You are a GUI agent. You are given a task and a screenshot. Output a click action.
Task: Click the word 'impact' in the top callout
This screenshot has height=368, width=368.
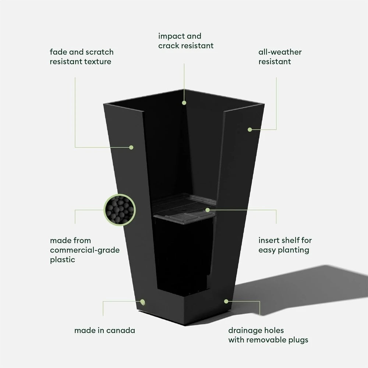coord(171,36)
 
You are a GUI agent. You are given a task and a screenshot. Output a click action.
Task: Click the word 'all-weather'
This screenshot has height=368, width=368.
coord(280,52)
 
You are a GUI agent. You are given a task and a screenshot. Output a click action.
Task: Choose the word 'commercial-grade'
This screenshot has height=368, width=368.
coord(85,250)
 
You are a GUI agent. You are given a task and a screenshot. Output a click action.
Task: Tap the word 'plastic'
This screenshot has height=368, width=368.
coord(63,260)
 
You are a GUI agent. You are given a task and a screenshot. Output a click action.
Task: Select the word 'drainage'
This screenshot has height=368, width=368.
coord(245,331)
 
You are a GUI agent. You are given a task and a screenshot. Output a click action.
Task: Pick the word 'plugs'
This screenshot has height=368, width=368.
coord(298,340)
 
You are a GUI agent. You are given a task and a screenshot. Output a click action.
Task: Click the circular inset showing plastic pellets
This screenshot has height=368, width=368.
coord(120,210)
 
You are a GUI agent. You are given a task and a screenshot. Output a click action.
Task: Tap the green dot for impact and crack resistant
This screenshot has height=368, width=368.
coord(184,103)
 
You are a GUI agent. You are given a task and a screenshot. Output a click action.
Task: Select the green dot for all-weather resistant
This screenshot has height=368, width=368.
coord(250,130)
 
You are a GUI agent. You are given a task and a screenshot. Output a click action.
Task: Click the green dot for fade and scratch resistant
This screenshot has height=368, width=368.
coord(131,148)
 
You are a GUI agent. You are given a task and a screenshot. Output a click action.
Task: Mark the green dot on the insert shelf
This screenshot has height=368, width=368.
coord(208,210)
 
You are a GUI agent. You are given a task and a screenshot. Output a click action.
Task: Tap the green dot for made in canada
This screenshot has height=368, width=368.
coord(142,302)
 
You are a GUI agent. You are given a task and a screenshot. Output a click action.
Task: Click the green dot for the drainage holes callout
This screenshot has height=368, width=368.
coord(226,301)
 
